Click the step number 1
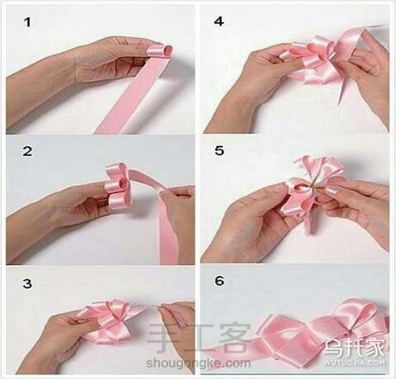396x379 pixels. [28, 22]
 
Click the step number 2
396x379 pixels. [28, 151]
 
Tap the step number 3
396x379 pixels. [27, 284]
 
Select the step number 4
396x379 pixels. [219, 21]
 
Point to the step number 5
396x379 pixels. [219, 150]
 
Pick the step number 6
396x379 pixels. [219, 281]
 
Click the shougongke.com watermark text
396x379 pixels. [198, 363]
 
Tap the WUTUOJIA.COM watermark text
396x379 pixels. [354, 362]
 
